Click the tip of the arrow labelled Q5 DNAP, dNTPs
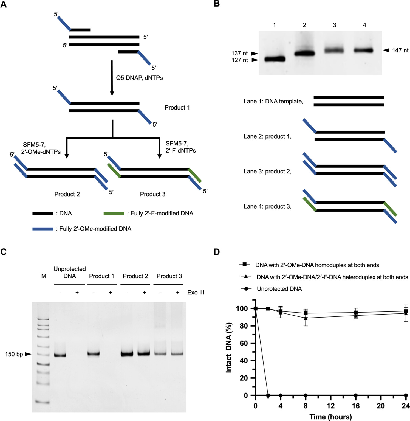(112, 96)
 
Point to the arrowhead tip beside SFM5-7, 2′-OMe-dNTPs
(67, 158)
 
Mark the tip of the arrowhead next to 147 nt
(383, 50)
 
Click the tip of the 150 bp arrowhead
(32, 354)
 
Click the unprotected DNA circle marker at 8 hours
(306, 395)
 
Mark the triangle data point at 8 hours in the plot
(306, 318)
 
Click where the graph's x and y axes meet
(255, 395)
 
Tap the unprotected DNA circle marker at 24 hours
(406, 395)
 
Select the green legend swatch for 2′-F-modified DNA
(114, 214)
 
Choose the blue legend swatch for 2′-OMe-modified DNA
(43, 229)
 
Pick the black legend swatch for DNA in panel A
(43, 214)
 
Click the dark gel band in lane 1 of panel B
(275, 59)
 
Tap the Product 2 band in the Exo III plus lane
(144, 353)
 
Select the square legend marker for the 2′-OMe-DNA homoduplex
(244, 264)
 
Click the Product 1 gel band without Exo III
(94, 354)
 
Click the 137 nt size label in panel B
(240, 53)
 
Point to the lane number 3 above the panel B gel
(335, 25)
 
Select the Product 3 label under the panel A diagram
(153, 194)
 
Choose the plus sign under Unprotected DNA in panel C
(77, 293)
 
